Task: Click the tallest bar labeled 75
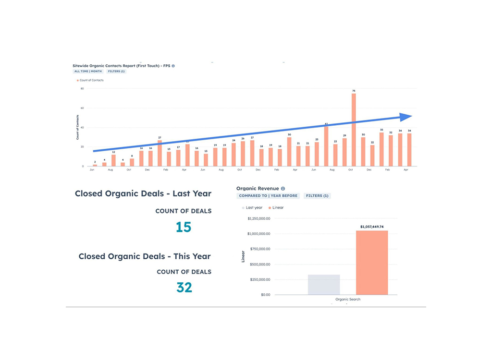coord(354,130)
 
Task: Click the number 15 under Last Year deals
coord(184,227)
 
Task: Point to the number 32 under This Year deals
coord(184,287)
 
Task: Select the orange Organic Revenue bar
coord(372,263)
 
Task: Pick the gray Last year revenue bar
coord(324,285)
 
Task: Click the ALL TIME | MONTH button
coord(87,71)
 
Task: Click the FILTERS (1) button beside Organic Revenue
coord(317,196)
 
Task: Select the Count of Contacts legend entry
coord(91,80)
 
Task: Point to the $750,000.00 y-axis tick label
coord(259,249)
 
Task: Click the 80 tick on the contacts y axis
coord(82,88)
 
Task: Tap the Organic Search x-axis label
coord(348,300)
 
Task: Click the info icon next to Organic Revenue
coord(283,189)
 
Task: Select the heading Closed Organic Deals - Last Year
coord(143,193)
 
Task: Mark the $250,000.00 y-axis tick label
coord(259,279)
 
